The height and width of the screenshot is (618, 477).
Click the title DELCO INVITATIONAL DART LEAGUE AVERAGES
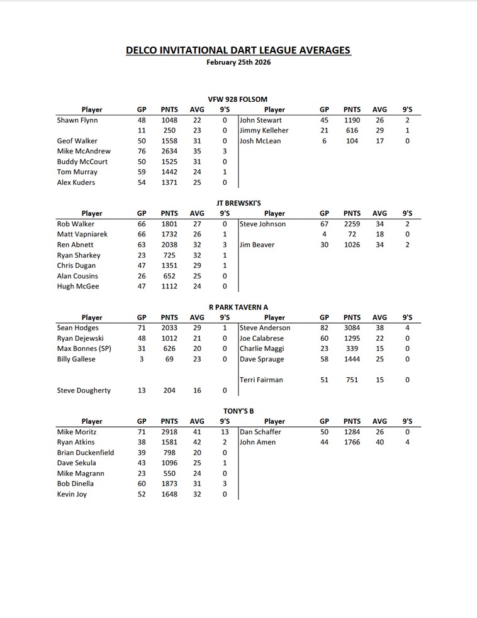(239, 50)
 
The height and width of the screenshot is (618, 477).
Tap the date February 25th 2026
(239, 62)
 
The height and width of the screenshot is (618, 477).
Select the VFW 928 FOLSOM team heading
(238, 99)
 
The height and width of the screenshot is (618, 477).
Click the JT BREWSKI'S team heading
(238, 203)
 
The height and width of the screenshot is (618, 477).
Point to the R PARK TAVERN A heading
(238, 307)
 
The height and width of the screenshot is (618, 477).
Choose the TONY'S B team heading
(238, 411)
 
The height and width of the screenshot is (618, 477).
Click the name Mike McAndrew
(84, 151)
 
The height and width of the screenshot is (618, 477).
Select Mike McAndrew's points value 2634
(169, 151)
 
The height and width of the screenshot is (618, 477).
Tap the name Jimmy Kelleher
(264, 130)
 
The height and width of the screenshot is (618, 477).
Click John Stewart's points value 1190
(352, 120)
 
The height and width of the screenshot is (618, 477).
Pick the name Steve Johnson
(263, 224)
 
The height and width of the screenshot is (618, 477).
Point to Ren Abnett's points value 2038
(169, 245)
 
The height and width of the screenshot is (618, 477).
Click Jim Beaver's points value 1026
(352, 245)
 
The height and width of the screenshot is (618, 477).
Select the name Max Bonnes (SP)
(84, 348)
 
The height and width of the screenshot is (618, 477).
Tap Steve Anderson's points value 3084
(352, 328)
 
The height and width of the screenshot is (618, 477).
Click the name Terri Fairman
(262, 380)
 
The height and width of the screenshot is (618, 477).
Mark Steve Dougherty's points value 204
(169, 390)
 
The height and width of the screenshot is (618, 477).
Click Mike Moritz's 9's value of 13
(225, 432)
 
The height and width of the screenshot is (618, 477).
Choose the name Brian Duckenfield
(86, 453)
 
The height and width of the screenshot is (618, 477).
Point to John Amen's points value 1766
(352, 442)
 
